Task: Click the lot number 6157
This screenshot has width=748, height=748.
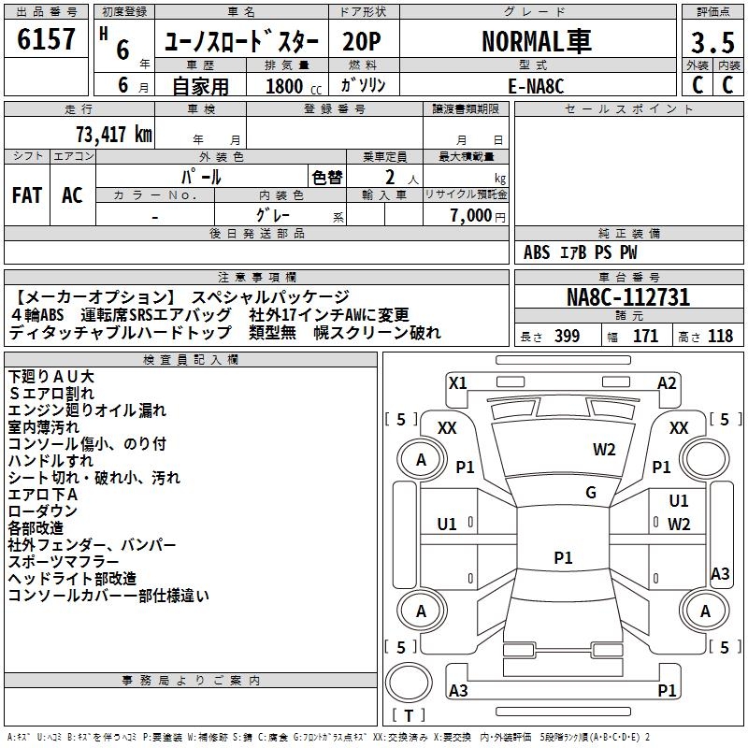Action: pyautogui.click(x=46, y=39)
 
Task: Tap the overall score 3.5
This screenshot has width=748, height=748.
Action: pyautogui.click(x=712, y=42)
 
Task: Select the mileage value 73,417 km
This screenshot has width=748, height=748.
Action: pyautogui.click(x=114, y=134)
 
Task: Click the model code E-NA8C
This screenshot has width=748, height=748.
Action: pyautogui.click(x=536, y=86)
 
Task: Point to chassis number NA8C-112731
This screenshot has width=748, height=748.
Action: pyautogui.click(x=628, y=297)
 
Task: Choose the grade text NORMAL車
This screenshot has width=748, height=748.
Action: pyautogui.click(x=537, y=41)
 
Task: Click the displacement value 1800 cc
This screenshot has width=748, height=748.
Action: pyautogui.click(x=294, y=86)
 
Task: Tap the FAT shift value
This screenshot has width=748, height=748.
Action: pyautogui.click(x=27, y=195)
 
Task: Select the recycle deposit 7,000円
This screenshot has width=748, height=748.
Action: pyautogui.click(x=478, y=216)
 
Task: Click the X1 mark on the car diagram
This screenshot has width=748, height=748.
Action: pyautogui.click(x=457, y=383)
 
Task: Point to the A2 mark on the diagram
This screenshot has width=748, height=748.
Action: pyautogui.click(x=667, y=383)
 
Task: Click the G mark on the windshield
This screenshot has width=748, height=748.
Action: pyautogui.click(x=591, y=493)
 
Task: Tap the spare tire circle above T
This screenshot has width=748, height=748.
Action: pyautogui.click(x=409, y=683)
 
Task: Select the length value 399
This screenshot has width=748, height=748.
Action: pyautogui.click(x=567, y=336)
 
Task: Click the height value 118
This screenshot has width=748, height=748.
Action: pyautogui.click(x=720, y=336)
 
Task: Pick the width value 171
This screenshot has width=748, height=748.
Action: pyautogui.click(x=645, y=336)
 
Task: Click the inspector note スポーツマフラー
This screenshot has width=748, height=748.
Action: pyautogui.click(x=64, y=562)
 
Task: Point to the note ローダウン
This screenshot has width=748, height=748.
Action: pyautogui.click(x=43, y=511)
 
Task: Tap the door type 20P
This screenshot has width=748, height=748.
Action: pyautogui.click(x=362, y=42)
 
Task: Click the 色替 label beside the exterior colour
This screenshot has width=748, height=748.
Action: pyautogui.click(x=327, y=178)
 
